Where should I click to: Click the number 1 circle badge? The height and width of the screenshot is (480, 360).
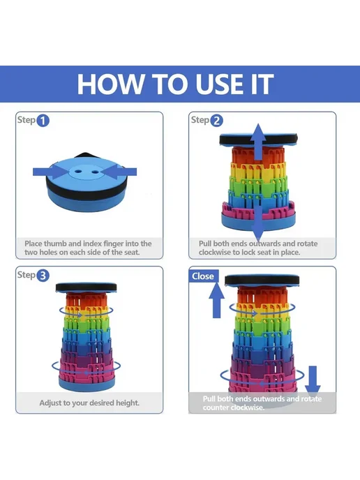point(43,120)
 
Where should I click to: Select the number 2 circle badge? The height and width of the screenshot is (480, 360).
point(216,120)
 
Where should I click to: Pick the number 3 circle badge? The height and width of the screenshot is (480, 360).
point(43,276)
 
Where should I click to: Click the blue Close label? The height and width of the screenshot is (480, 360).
point(203,276)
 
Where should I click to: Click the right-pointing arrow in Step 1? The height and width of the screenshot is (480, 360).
point(50,172)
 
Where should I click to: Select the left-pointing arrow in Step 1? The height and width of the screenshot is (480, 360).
point(121,172)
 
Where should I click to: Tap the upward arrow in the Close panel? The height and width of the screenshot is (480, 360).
point(216,300)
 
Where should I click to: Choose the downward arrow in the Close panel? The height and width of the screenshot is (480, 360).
point(313,380)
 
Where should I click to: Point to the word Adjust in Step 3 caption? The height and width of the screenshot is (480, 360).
point(50,403)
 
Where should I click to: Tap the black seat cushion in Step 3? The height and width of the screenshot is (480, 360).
point(86,287)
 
